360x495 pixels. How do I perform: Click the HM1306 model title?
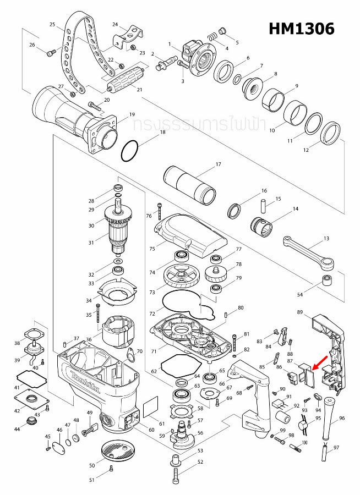coord(301,29)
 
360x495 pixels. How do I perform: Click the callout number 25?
coord(52,25)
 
